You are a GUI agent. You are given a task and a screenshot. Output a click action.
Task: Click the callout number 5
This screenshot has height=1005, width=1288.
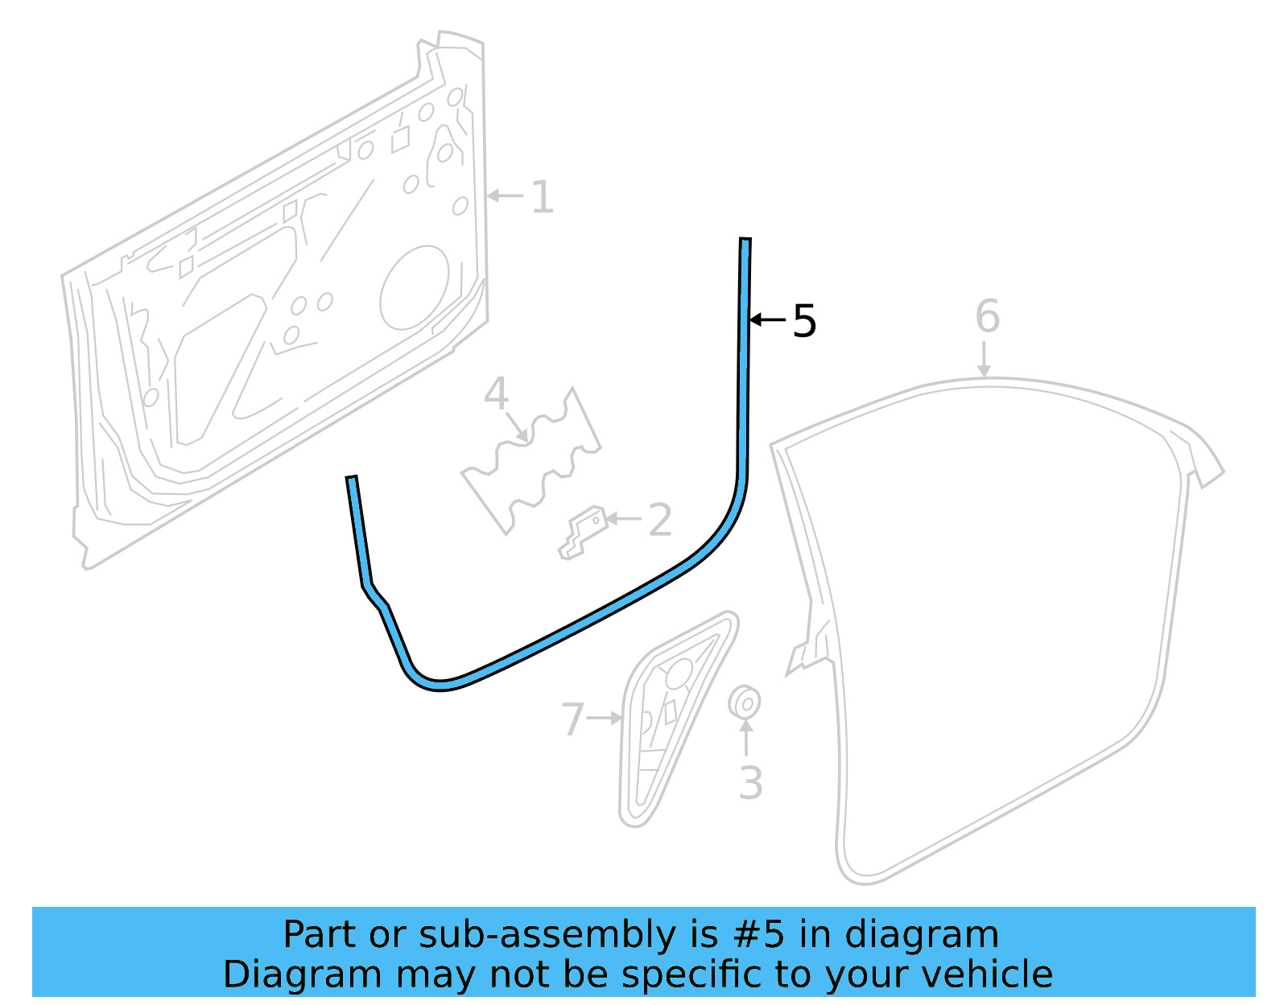click(804, 321)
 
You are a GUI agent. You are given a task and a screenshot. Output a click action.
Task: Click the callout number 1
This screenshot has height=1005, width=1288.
click(543, 197)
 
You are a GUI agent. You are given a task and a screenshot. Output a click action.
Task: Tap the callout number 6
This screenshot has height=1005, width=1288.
click(987, 316)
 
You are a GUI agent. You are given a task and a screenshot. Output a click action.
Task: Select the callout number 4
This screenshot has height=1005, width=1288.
click(496, 393)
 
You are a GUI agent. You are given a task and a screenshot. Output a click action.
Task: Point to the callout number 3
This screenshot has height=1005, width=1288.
click(750, 783)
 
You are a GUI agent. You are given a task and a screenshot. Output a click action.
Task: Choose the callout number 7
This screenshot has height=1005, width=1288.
click(572, 719)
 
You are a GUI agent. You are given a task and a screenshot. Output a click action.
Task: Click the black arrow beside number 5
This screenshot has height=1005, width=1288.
click(767, 320)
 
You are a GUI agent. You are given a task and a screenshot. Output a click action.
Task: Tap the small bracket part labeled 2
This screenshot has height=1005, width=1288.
click(583, 533)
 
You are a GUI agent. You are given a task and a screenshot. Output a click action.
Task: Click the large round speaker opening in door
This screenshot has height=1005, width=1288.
click(414, 288)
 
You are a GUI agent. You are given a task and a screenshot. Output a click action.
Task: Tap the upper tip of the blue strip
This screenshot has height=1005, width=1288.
click(745, 241)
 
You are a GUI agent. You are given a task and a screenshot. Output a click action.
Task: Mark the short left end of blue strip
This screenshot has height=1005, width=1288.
click(353, 483)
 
